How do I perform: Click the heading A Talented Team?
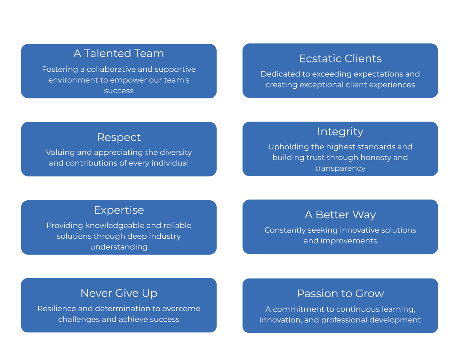pyautogui.click(x=119, y=53)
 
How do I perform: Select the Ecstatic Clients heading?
pyautogui.click(x=340, y=59)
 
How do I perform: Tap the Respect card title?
pyautogui.click(x=119, y=137)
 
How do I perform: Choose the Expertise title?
pyautogui.click(x=119, y=210)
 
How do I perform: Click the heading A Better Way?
pyautogui.click(x=340, y=215)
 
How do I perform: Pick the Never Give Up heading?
pyautogui.click(x=119, y=293)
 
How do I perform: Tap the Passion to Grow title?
pyautogui.click(x=340, y=294)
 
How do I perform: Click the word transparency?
pyautogui.click(x=340, y=168)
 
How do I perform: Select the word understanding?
pyautogui.click(x=119, y=247)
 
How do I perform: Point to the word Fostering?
pyautogui.click(x=60, y=70)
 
